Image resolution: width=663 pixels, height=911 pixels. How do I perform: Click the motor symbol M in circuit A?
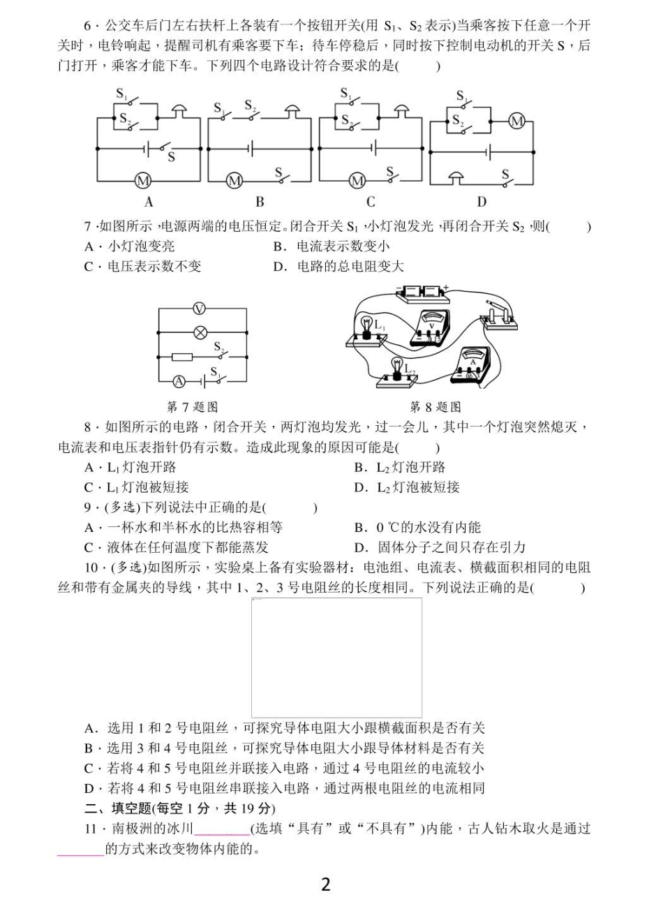coord(143,181)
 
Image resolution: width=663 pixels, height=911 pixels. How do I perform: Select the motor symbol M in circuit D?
coord(516,121)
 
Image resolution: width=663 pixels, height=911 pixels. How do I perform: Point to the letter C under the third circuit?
coord(371,202)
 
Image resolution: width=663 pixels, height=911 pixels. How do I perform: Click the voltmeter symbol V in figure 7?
coord(199,308)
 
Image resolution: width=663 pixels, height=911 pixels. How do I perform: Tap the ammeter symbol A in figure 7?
coord(179,381)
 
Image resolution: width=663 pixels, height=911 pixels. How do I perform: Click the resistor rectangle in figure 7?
coord(182,357)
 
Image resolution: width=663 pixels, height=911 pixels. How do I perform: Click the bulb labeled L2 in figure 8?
coord(398,367)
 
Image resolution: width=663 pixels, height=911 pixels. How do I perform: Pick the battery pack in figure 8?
coord(422,292)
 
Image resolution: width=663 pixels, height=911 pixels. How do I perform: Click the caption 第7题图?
coord(192,406)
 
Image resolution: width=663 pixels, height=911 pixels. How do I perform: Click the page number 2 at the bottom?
coord(325,884)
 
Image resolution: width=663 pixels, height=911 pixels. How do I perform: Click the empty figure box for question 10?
coord(336,656)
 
